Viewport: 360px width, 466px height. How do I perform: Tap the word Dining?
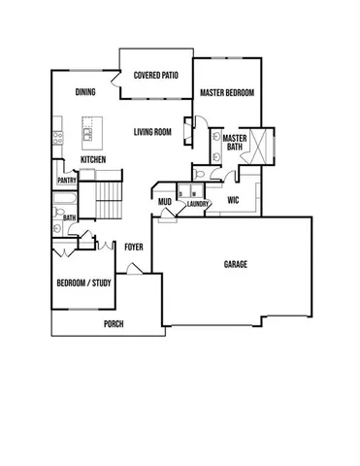[x=85, y=92]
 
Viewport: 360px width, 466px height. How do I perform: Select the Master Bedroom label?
[x=227, y=93]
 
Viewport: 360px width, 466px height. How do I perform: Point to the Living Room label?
[x=152, y=132]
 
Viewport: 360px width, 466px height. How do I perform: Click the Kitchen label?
[x=93, y=160]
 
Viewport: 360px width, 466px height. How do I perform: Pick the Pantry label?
[x=67, y=180]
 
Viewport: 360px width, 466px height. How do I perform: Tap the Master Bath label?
[x=234, y=143]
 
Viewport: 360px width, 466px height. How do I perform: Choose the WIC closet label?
[x=233, y=201]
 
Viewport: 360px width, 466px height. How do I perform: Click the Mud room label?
[x=165, y=202]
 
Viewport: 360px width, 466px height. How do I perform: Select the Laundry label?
[x=199, y=204]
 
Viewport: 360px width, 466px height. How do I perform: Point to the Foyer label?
[x=134, y=247]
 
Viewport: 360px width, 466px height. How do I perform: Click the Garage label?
[x=236, y=264]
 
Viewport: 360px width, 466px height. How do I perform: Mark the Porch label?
[x=115, y=324]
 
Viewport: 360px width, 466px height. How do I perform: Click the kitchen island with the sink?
[x=93, y=127]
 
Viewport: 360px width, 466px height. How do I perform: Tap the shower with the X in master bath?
[x=260, y=142]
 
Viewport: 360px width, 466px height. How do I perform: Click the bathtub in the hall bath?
[x=61, y=205]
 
